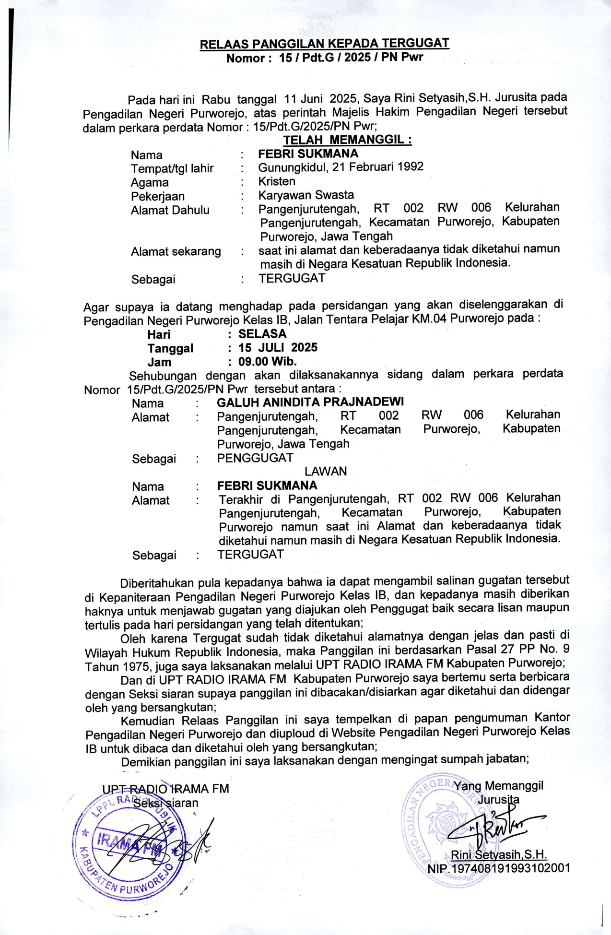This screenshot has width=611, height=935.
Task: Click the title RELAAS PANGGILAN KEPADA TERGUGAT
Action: [324, 44]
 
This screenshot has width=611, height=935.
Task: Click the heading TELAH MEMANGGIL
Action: [347, 140]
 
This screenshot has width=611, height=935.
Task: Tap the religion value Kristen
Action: [277, 181]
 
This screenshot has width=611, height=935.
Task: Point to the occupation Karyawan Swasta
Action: [306, 195]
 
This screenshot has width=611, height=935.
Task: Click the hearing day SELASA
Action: [262, 334]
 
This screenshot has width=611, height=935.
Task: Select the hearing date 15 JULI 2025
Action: [278, 347]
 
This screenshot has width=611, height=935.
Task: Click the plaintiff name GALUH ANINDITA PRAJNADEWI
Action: [310, 402]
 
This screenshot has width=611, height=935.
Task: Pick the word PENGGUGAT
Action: [255, 458]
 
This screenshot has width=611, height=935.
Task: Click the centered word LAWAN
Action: [326, 471]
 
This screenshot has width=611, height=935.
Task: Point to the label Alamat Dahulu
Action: [170, 210]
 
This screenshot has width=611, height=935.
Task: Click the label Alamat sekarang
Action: [176, 251]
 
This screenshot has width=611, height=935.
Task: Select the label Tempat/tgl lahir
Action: [172, 168]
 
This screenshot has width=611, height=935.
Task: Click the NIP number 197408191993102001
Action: [499, 881]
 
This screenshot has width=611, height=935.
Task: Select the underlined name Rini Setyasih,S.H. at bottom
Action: [499, 867]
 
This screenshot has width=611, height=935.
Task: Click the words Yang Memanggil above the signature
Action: [498, 799]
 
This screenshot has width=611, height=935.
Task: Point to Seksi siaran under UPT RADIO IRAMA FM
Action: [165, 816]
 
